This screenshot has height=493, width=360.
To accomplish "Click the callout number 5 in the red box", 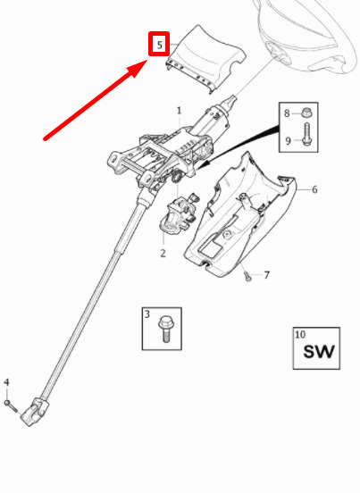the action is click(160, 45).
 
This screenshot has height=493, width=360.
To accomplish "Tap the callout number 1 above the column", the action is click(179, 111).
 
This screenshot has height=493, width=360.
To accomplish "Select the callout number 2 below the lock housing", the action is click(163, 253).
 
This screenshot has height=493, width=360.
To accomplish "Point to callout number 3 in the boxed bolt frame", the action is click(147, 313).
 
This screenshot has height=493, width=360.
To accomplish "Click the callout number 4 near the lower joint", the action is click(6, 382).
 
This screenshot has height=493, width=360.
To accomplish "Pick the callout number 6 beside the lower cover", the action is click(314, 189).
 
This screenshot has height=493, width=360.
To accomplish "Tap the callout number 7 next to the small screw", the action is click(266, 275).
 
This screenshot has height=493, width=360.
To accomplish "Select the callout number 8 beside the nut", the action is click(287, 113).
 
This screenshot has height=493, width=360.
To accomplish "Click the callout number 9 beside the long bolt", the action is click(288, 140).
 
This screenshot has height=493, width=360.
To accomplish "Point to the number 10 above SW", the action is click(300, 334).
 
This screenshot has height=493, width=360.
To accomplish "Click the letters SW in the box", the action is click(318, 352).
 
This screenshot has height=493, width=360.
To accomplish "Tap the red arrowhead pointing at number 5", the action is click(138, 68).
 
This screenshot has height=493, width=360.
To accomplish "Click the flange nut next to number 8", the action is click(305, 113).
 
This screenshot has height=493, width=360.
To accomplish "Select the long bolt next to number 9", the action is click(306, 134).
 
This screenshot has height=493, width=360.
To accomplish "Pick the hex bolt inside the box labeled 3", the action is click(165, 330).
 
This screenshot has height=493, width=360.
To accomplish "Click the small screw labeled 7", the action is click(247, 277).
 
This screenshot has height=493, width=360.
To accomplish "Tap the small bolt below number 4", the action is click(12, 405).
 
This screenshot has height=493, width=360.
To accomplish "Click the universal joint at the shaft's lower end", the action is click(35, 411).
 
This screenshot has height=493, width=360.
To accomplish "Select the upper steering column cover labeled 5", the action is click(205, 59).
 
